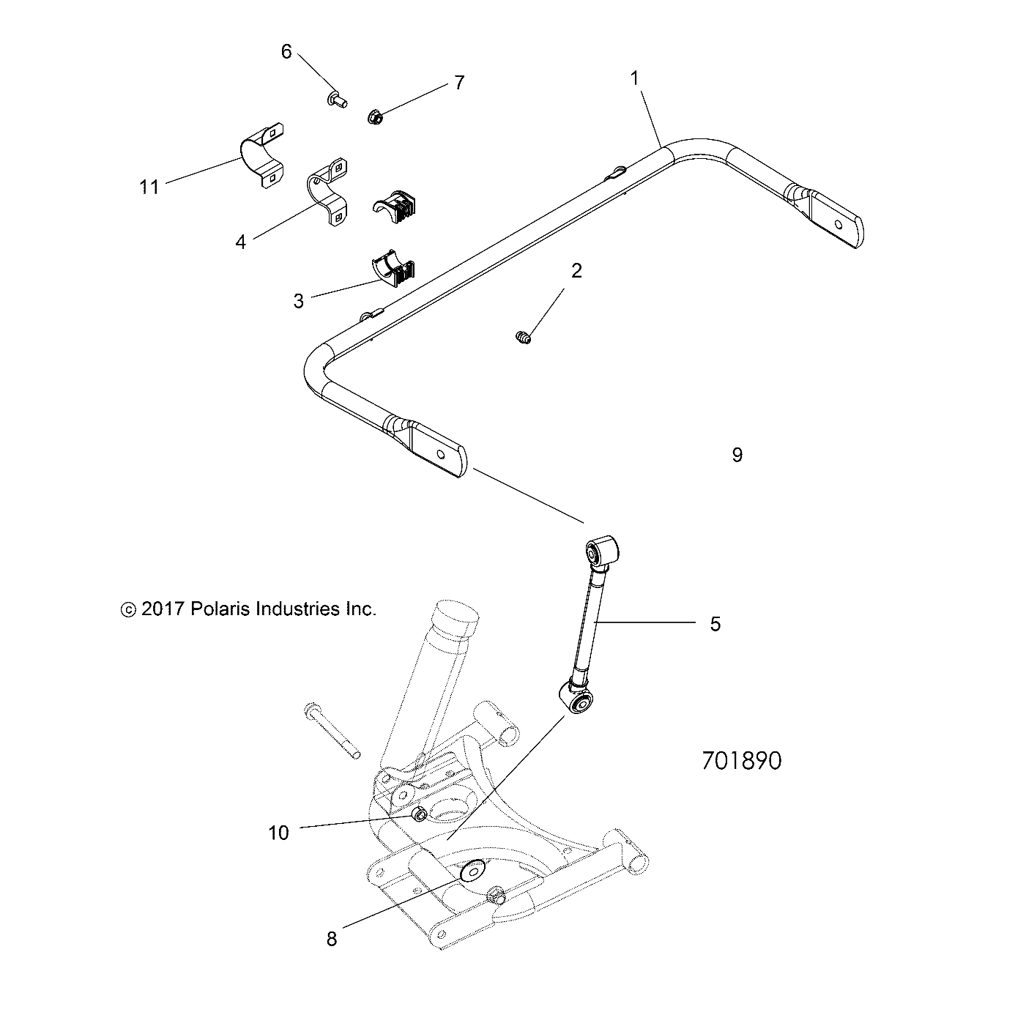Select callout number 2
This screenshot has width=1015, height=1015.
(x=576, y=271)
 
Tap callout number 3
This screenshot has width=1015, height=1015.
(x=299, y=301)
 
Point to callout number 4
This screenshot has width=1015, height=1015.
(x=241, y=242)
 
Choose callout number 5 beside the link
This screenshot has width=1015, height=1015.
(x=715, y=624)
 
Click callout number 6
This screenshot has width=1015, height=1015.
(x=286, y=51)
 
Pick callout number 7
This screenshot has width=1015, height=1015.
(x=459, y=83)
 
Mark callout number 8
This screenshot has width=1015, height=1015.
(x=332, y=939)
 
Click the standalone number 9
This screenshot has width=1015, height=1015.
(x=737, y=456)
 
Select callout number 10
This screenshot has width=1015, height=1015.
(x=279, y=833)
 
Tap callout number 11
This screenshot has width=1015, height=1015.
(x=149, y=187)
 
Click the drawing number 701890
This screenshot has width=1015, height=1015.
(x=741, y=762)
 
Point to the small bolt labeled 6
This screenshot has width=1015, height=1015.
(x=338, y=97)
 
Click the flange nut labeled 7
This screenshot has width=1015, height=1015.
(x=373, y=117)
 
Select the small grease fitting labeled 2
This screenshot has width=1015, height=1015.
(x=522, y=338)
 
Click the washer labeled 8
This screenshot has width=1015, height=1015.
(x=470, y=871)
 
